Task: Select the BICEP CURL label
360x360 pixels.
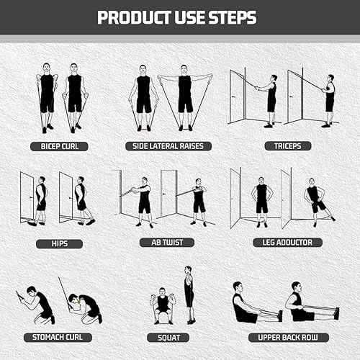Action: coord(59,146)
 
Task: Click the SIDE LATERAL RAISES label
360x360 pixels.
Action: coord(168,146)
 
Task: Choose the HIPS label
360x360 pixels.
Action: coord(59,243)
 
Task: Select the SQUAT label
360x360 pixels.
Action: coord(168,336)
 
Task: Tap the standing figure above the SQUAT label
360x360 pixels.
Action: coord(189,294)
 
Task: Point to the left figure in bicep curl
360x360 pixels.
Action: coord(47,97)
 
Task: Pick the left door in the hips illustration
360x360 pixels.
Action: coord(27,196)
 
